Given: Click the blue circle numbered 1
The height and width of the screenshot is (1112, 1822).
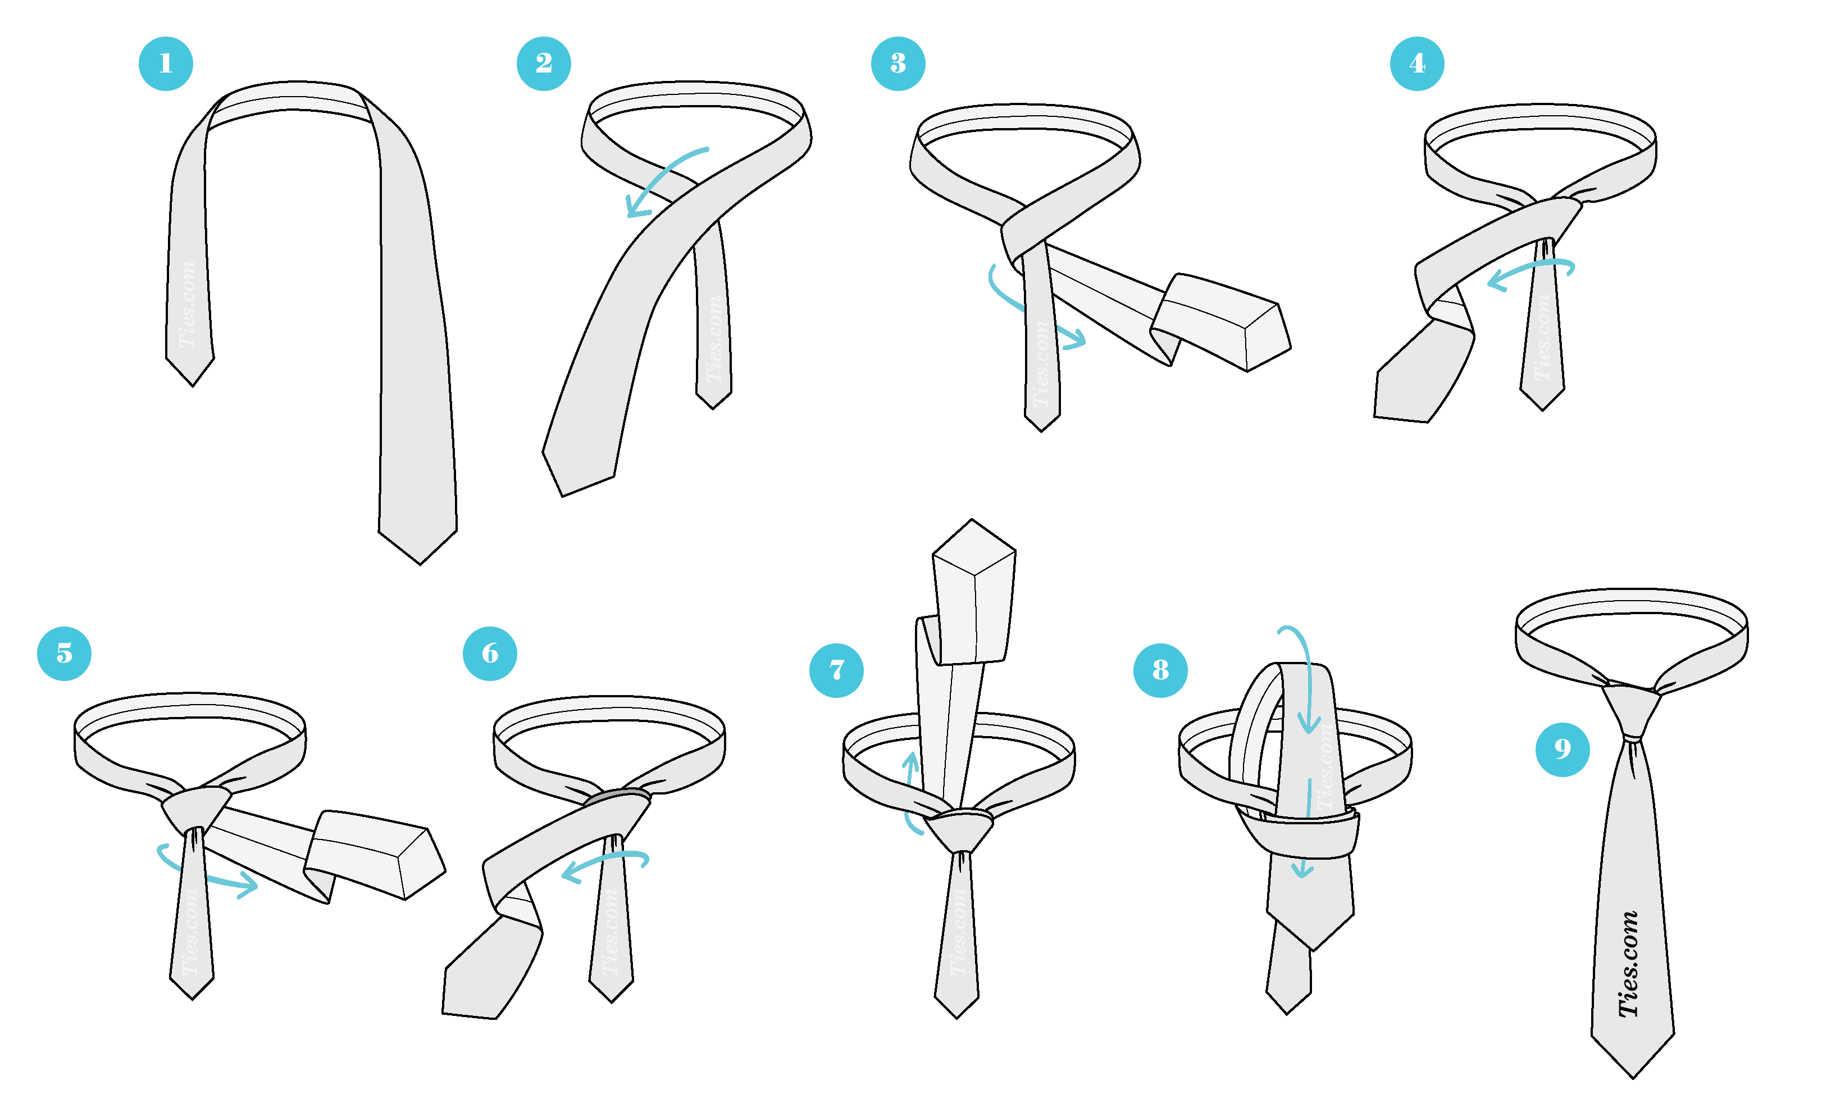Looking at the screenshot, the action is click(x=166, y=63).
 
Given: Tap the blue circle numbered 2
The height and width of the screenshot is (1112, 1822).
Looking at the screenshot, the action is click(x=544, y=63).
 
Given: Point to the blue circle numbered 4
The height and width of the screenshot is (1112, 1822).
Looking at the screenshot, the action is click(x=1418, y=63).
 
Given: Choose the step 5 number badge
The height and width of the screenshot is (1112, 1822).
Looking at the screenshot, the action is click(x=65, y=654).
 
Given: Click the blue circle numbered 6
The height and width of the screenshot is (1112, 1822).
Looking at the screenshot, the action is click(x=490, y=654).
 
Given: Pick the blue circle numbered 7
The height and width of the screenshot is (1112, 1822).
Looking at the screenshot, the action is click(x=837, y=671).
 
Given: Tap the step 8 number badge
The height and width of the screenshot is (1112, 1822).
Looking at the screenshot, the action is click(x=1161, y=671).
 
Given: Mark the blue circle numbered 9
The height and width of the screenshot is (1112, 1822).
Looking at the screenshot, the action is click(x=1563, y=750).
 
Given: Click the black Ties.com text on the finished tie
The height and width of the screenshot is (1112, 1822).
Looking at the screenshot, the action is click(x=1629, y=964).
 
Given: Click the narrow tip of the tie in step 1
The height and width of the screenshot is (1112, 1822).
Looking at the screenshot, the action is click(x=192, y=385).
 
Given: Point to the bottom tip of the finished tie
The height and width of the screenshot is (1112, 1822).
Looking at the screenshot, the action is click(x=1633, y=1078).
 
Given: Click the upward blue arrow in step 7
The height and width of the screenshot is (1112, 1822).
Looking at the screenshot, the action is click(x=911, y=792).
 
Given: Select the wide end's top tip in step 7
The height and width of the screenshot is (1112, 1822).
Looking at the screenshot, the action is click(x=972, y=519).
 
